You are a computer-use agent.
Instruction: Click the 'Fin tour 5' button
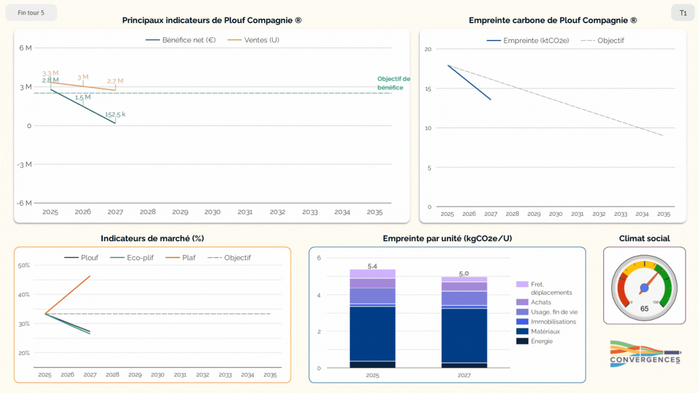pos(31,13)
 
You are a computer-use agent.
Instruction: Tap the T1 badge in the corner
pos(683,13)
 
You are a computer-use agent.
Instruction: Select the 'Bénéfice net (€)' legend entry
pos(181,40)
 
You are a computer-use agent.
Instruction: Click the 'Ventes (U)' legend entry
pos(253,40)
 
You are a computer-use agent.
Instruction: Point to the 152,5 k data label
pos(115,114)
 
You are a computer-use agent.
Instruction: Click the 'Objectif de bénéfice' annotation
pos(393,83)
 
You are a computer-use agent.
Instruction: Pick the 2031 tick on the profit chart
pos(245,212)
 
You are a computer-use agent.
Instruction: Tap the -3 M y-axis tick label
pos(24,165)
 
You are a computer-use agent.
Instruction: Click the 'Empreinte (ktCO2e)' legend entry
pos(528,41)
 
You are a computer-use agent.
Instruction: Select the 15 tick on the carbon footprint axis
pos(428,89)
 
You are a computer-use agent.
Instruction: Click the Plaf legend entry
pos(181,258)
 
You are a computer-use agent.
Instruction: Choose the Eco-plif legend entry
pos(132,258)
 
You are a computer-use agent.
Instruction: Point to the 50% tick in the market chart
pos(24,265)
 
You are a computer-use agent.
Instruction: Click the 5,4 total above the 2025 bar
pos(372,266)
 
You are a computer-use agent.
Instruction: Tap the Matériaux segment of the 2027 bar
pos(464,336)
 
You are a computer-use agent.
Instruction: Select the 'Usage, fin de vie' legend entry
pos(547,312)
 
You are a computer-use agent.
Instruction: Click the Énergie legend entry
pos(534,341)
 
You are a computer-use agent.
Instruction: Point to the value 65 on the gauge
pos(644,309)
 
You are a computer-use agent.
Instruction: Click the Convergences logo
pos(645,354)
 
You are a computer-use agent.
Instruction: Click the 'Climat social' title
pos(644,238)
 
